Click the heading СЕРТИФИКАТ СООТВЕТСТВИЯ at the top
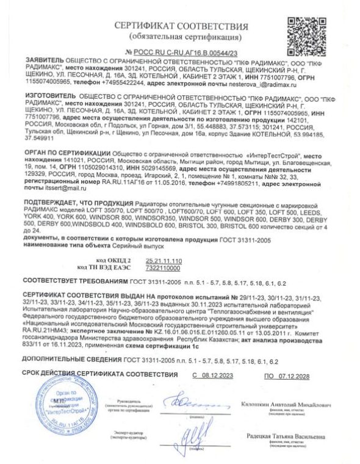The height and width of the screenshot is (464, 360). (180, 27)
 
